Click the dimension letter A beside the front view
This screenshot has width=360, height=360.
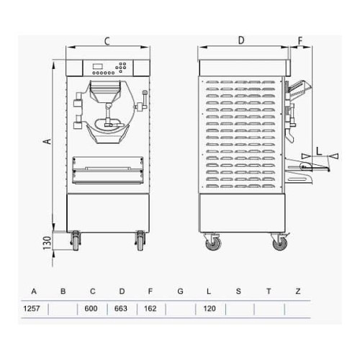click(x=46, y=142)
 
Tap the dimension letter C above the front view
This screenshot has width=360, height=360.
click(x=107, y=40)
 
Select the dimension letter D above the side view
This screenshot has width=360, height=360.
click(x=241, y=40)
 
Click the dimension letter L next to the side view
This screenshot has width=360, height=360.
click(x=318, y=150)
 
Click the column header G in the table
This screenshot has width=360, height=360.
click(x=180, y=292)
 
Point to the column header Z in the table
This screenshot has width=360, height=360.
click(x=298, y=292)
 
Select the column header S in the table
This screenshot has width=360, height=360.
click(x=238, y=292)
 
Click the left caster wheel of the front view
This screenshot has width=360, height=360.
click(x=76, y=243)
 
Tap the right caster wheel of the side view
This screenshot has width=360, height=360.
click(x=278, y=243)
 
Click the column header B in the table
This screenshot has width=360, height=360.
click(x=63, y=292)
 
